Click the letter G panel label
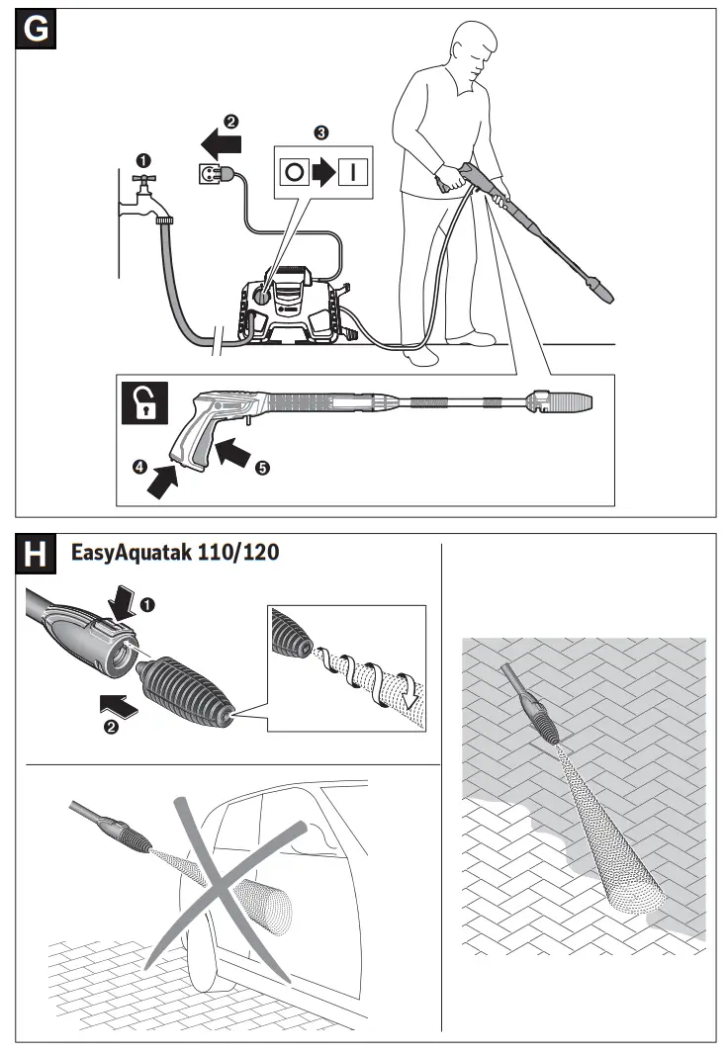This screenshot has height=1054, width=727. (36, 30)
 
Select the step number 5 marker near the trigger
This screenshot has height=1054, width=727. (261, 469)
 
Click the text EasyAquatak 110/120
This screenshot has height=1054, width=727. (174, 555)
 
